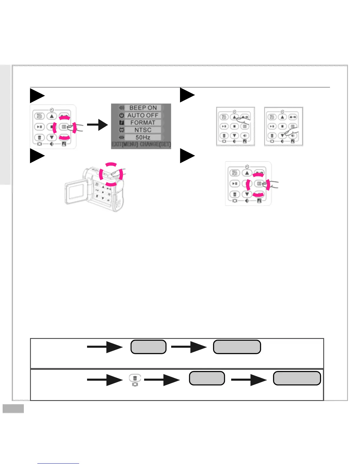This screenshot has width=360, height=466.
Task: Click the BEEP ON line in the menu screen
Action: pos(143,108)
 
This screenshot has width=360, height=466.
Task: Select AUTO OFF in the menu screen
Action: pos(143,115)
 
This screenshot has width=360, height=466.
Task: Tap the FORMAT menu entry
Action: pos(143,123)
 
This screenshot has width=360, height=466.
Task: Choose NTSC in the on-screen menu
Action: pos(143,130)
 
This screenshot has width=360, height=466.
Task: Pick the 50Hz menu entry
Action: pos(143,137)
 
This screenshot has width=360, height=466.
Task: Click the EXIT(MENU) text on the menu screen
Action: pos(125,144)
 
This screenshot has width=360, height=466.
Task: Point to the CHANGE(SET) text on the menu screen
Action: pos(155,144)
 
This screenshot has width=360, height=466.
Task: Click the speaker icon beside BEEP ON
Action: pos(121,108)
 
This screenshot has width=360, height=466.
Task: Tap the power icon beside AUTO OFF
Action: pos(121,115)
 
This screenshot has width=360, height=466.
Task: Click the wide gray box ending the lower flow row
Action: pos(297,378)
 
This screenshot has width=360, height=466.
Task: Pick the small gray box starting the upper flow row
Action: pos(149,347)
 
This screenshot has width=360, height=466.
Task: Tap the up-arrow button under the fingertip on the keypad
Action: pos(234,117)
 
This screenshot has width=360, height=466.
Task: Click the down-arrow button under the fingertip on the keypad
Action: pos(282,136)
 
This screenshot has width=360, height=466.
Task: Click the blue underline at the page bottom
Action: pos(58,463)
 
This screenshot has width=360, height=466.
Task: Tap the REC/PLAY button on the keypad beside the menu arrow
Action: pos(39,116)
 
